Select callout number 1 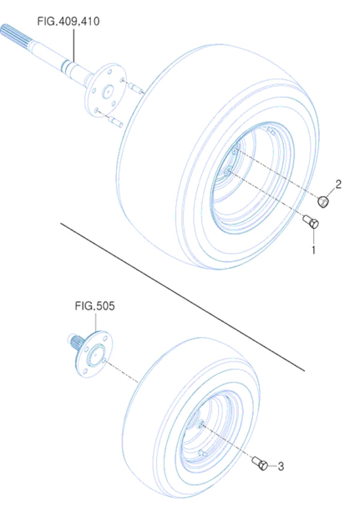coord(313,248)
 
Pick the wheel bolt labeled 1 coord(312,223)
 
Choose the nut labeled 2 coord(325,201)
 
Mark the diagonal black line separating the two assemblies coord(180,294)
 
